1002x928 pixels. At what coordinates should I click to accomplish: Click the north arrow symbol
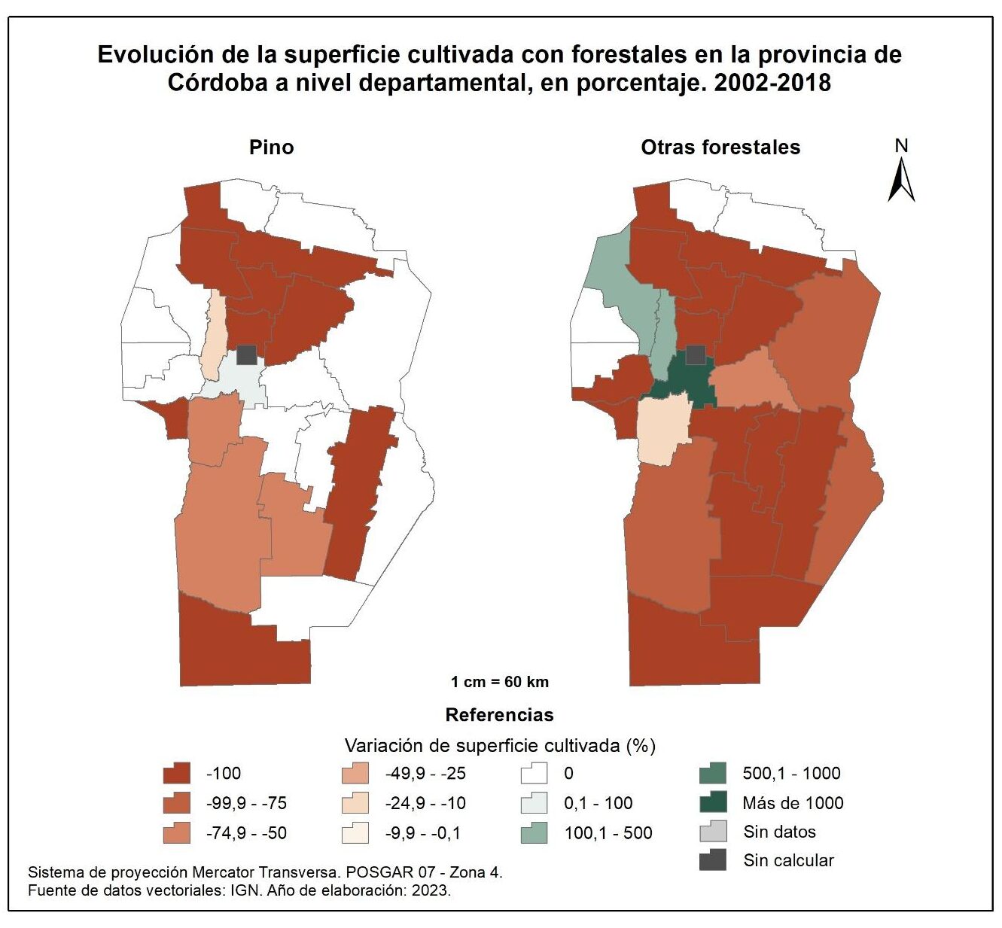coord(901,173)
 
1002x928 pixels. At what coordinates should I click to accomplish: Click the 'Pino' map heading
coord(271,147)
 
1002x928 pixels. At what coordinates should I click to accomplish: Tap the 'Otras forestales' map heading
coord(720,147)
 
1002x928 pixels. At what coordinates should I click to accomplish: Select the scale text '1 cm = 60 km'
coord(499,682)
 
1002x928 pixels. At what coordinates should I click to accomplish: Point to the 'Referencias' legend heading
coord(499,714)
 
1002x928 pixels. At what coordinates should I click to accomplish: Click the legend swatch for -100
coord(176,774)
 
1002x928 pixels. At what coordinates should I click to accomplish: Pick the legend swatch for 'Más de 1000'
coord(712,803)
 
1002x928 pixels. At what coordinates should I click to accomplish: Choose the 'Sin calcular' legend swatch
coord(712,860)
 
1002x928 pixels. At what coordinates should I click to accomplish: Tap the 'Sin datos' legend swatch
coord(712,832)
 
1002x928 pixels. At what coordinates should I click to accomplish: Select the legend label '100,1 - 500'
coord(608,833)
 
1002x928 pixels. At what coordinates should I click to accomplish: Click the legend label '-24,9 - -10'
coord(425,803)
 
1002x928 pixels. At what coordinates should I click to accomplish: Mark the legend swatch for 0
coord(534,774)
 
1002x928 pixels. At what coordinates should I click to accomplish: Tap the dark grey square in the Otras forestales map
coord(696,355)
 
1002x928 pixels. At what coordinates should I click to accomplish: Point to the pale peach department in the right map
coord(662,429)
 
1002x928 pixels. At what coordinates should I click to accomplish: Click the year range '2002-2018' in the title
coord(772,82)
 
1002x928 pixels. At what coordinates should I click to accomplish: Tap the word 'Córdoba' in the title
coord(217,82)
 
